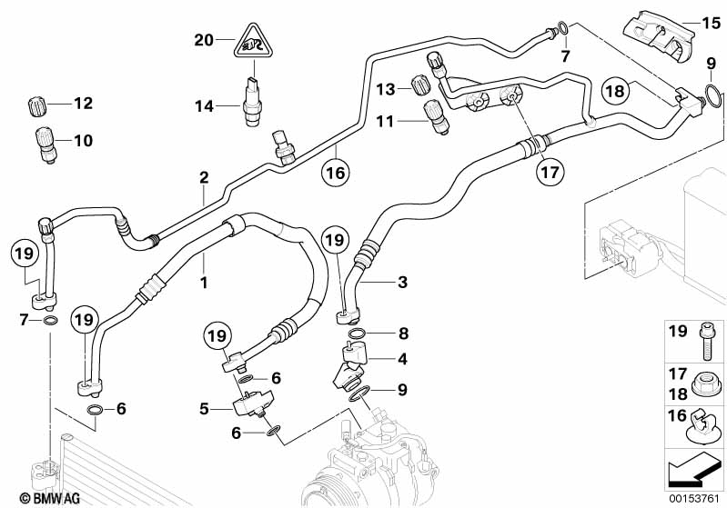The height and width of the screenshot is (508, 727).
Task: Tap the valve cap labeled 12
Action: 36,106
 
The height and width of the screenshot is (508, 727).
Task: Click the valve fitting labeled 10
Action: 45,144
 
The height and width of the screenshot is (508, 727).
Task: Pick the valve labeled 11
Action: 436,117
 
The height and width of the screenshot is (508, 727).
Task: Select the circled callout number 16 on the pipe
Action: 336,173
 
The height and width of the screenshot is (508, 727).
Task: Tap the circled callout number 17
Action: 550,173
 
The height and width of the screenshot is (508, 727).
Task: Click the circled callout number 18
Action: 616,91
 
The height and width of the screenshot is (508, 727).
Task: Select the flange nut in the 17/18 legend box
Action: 705,385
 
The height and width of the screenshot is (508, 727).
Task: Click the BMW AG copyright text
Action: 50,498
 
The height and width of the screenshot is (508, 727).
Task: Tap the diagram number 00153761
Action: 693,498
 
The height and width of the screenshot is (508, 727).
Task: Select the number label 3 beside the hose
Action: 402,282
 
